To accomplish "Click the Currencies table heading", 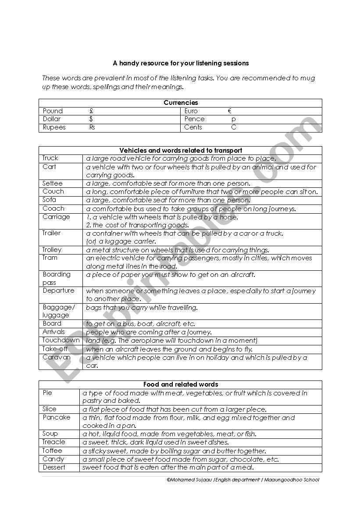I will point(180,103).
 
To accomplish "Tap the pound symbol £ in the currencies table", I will point(91,111).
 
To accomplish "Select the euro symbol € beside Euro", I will point(230,111).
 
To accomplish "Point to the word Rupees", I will point(54,127).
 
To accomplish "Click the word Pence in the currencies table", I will point(194,119).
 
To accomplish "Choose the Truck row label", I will point(50,158).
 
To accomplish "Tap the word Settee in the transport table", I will point(53,183).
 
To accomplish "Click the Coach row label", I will point(53,208).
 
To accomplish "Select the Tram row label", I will point(50,258).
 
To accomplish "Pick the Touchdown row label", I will point(61,340).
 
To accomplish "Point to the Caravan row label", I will point(56,357).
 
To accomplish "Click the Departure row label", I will point(58,291).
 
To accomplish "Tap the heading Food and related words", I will point(180,384).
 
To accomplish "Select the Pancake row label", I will point(56,417).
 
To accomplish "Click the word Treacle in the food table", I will point(53,442).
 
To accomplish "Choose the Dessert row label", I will point(53,467).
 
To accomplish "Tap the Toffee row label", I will point(52,451).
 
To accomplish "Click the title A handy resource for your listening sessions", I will point(180,63).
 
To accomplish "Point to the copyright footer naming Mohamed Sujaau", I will point(243,480).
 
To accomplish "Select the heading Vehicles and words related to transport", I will point(180,151).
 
